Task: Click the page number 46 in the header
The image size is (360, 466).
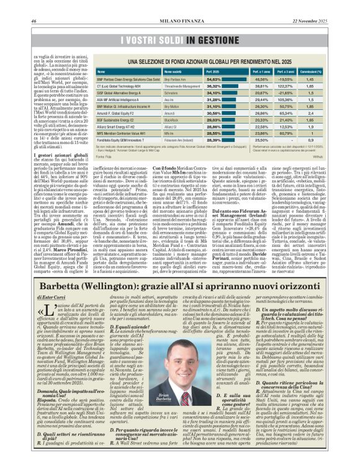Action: (33, 20)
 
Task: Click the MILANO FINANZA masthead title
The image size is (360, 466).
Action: (179, 20)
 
